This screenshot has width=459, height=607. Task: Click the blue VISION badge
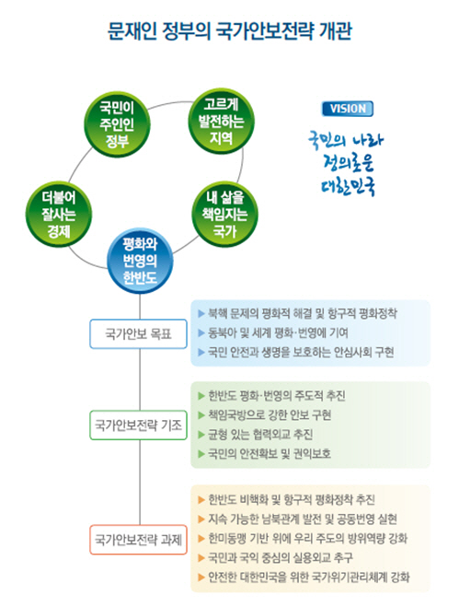[x=348, y=109]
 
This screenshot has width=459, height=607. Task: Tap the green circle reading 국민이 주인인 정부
[x=117, y=124]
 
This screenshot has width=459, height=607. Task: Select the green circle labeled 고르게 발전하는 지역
[x=221, y=122]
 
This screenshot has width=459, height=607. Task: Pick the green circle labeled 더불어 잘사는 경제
[x=59, y=214]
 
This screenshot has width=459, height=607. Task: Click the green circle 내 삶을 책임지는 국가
[x=225, y=214]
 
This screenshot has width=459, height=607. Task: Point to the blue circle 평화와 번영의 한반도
[x=140, y=261]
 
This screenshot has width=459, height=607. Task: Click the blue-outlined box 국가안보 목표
[x=138, y=333]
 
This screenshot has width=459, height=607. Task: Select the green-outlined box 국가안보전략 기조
[x=138, y=425]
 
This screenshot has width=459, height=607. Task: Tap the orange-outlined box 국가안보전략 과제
[x=138, y=540]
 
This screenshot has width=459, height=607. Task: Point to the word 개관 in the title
[x=335, y=30]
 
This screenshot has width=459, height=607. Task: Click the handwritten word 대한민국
[x=349, y=186]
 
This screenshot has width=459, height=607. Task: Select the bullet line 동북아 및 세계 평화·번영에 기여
[x=278, y=333]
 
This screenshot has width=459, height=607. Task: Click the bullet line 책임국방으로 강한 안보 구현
[x=270, y=415]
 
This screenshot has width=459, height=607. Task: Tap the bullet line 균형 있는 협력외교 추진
[x=260, y=435]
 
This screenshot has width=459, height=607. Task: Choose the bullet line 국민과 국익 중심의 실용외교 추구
[x=281, y=558]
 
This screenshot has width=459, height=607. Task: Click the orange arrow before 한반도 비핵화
[x=201, y=500]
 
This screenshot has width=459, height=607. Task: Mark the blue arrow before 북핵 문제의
[x=201, y=313]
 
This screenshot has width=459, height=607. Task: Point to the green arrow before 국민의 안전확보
[x=201, y=454]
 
